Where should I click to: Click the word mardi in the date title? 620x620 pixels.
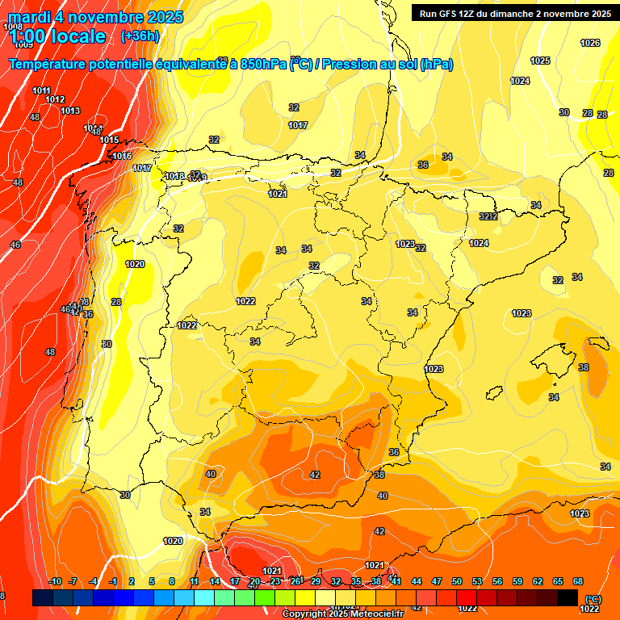point(30,17)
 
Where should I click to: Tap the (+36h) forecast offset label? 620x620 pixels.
point(139,36)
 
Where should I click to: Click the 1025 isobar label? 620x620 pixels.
point(540,61)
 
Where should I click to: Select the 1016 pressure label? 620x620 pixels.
point(122,156)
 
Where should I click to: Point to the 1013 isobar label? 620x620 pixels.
point(70,111)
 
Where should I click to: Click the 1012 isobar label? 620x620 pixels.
point(55,99)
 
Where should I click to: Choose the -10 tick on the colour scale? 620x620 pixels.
point(55,582)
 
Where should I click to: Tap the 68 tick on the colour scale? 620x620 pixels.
point(578,582)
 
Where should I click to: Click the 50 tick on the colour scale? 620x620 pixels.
point(457,582)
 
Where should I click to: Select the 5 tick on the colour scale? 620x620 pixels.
point(152,582)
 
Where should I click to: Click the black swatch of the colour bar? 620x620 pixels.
point(568,597)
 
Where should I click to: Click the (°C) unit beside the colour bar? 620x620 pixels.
point(593,599)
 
